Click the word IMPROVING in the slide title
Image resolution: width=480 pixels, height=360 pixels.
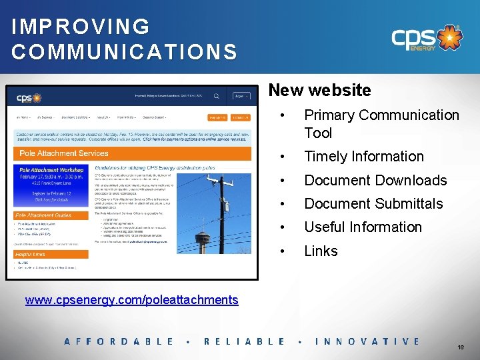coord(80,27)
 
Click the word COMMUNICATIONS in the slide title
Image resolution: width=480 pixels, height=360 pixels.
coord(124,52)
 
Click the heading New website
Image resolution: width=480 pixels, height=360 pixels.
coord(319,89)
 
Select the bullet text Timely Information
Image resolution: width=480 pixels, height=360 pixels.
coord(364,157)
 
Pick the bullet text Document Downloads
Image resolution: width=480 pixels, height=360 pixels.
coord(375,180)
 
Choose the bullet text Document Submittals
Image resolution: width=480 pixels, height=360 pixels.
coord(373,203)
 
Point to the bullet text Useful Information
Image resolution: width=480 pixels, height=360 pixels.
coord(363,227)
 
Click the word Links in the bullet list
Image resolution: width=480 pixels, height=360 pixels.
coord(321,251)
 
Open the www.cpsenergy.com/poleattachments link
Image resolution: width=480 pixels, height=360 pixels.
coord(131,299)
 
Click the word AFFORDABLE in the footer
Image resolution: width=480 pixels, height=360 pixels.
coord(119,341)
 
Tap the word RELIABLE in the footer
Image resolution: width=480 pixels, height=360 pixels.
coord(244,341)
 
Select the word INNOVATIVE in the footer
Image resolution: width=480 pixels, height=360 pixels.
coord(367,341)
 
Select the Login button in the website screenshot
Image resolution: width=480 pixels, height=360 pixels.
coord(241,96)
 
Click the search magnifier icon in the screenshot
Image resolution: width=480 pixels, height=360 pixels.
coord(217,96)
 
